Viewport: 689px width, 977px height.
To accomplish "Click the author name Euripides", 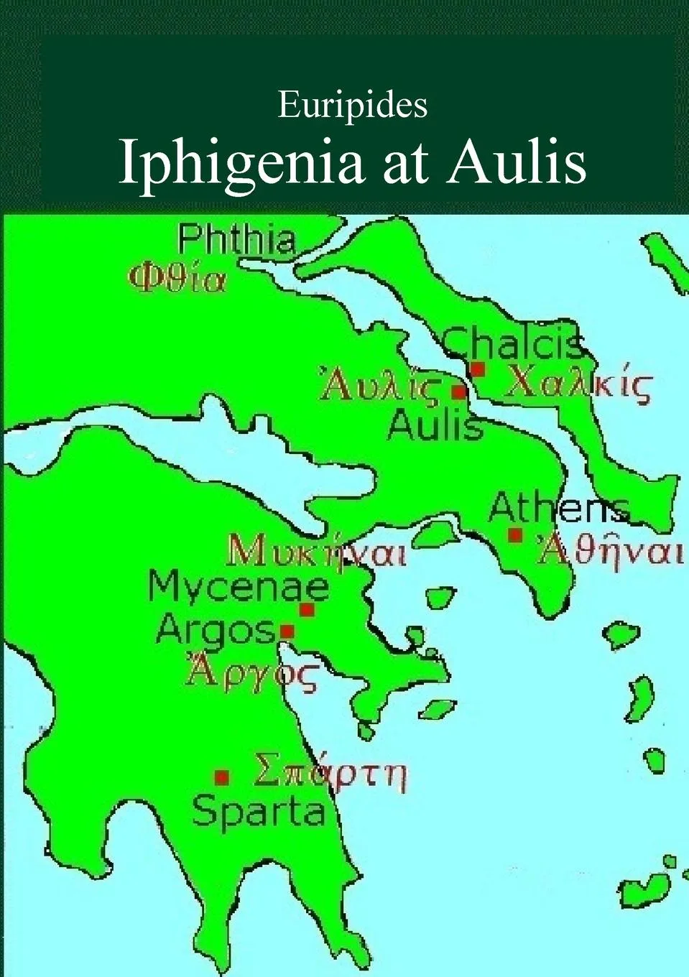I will click(x=352, y=106).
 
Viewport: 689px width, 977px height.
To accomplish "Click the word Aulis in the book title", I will click(x=517, y=162).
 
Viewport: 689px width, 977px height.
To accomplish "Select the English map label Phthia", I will click(x=236, y=239).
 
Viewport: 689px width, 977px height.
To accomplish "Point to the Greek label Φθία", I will click(x=177, y=278).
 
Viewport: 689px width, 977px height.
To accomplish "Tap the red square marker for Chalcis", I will click(x=477, y=369).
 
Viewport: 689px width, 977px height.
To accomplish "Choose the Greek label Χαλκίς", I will click(x=578, y=386).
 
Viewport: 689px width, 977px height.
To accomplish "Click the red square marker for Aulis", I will click(x=458, y=392).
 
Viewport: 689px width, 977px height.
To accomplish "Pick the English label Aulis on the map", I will click(x=435, y=425).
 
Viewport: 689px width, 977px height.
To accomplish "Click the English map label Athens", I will click(x=558, y=509).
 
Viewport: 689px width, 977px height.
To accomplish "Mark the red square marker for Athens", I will click(x=515, y=534).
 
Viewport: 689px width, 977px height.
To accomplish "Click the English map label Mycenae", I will click(x=239, y=587).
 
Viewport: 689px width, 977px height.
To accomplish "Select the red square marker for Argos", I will click(x=287, y=631).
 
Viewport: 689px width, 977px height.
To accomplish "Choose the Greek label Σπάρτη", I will click(x=330, y=773).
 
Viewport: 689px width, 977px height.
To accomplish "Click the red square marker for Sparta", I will click(x=222, y=777).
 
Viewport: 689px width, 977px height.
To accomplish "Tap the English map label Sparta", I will click(x=259, y=812).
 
